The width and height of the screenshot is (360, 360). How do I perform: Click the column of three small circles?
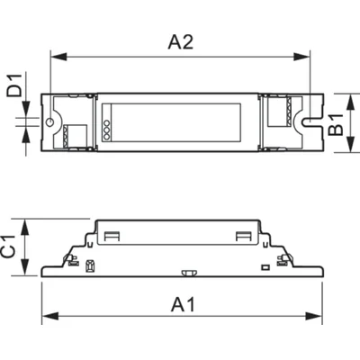click(x=106, y=127)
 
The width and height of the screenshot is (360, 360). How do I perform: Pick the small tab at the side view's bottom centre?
click(x=188, y=271)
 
